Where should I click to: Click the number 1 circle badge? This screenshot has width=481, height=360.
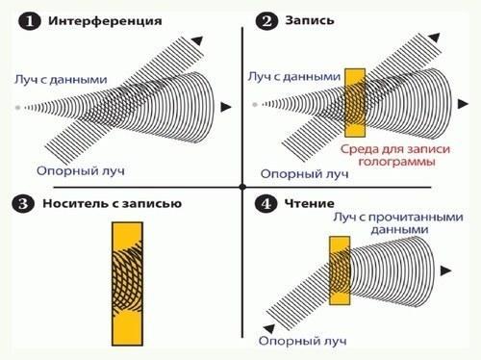click(29, 22)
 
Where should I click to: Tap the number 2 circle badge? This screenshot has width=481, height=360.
click(266, 21)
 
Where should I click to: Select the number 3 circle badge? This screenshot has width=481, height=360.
click(23, 204)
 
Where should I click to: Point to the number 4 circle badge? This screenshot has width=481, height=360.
click(266, 203)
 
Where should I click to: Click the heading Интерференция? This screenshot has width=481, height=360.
click(105, 21)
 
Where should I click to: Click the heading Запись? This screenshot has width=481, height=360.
click(310, 20)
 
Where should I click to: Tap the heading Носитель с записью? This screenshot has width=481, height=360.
click(113, 203)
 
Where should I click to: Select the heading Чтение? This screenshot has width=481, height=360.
click(310, 203)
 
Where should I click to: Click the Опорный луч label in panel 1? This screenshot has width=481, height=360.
click(80, 170)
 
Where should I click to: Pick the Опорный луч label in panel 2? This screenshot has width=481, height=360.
click(304, 174)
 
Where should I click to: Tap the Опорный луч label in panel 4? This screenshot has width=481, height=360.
click(303, 341)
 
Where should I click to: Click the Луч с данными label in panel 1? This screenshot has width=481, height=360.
click(61, 80)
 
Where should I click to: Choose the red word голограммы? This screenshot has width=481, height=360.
click(396, 162)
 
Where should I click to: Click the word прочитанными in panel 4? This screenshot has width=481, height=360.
click(416, 218)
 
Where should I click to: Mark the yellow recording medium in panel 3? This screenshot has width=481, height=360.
click(127, 284)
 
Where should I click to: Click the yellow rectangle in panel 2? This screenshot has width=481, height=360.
click(355, 103)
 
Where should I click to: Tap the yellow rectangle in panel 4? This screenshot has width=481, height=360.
click(340, 270)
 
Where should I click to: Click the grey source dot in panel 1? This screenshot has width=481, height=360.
click(18, 108)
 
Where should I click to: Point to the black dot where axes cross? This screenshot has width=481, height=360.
click(242, 187)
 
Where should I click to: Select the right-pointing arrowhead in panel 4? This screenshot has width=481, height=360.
click(446, 270)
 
